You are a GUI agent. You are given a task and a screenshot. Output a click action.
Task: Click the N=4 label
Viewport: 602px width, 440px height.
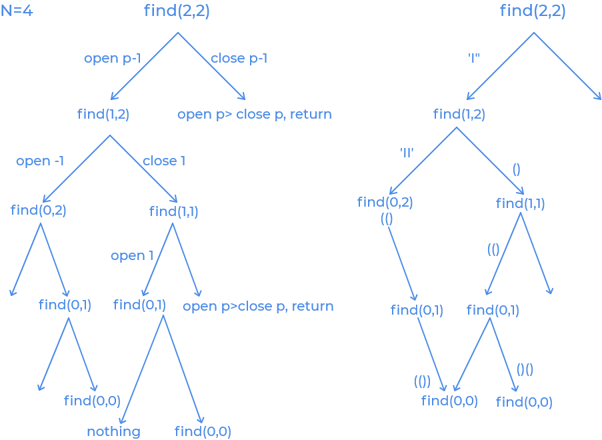tap(16, 11)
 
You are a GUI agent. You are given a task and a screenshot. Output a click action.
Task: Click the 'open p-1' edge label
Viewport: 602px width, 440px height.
tap(112, 59)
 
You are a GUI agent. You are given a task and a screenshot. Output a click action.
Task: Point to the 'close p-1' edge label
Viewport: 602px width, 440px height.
tap(239, 59)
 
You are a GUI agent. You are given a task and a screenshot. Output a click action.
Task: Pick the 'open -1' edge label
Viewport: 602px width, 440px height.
tap(40, 161)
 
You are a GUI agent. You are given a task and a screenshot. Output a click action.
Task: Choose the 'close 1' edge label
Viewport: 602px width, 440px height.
tap(163, 161)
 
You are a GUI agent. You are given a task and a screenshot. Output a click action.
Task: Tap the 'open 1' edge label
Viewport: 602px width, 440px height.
tap(132, 256)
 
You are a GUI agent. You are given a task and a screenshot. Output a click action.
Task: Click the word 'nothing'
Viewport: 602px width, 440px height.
tap(113, 431)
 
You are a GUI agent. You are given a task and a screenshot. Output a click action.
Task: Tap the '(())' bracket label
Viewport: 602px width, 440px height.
tap(422, 381)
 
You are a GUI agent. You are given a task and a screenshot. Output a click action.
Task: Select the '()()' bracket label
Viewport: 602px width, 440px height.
tap(525, 369)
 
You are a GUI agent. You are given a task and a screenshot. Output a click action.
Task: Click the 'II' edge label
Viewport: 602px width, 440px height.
tap(407, 153)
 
